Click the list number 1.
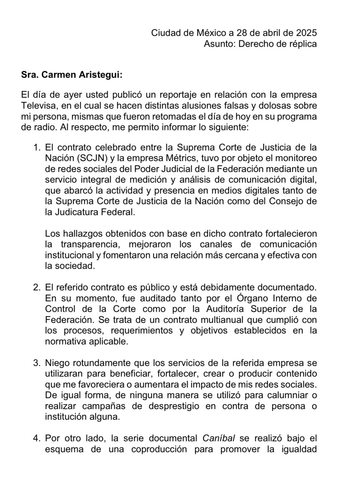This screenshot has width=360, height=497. point(36,147)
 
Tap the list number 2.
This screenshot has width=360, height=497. point(36,287)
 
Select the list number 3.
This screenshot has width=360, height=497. point(36,363)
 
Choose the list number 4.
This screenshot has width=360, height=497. point(36,438)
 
